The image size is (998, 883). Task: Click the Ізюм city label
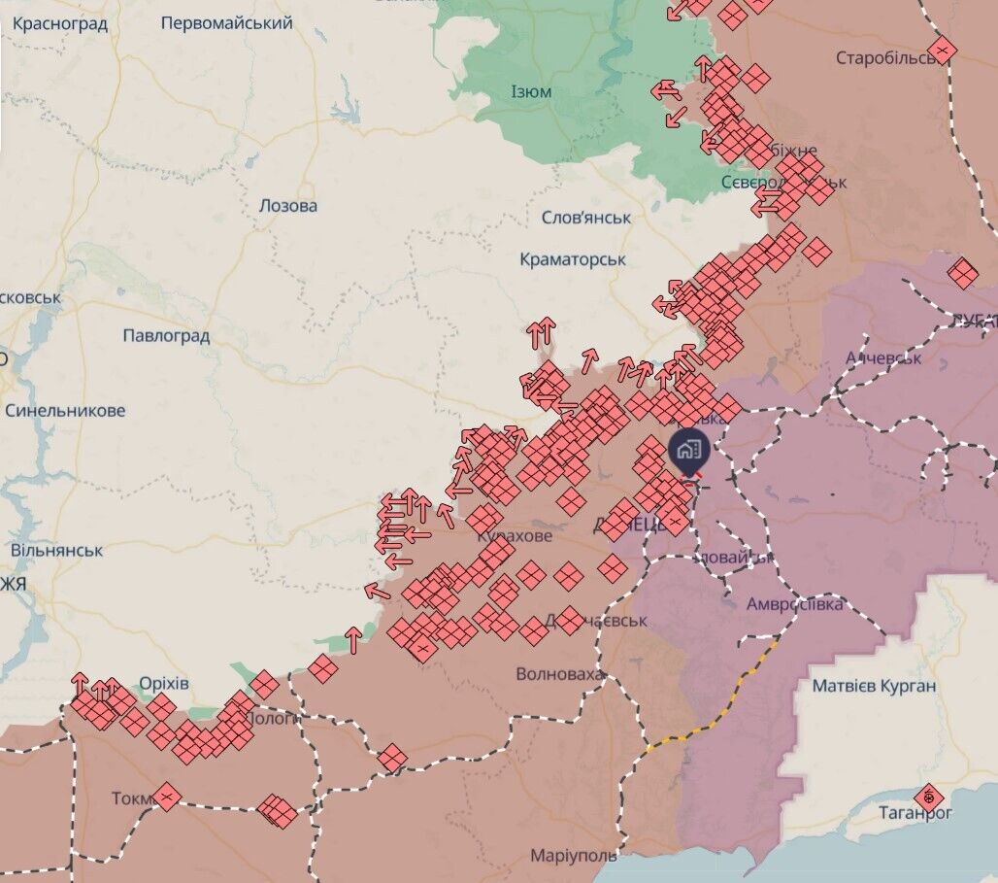[x=531, y=92]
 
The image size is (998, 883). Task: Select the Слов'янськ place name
[x=585, y=218]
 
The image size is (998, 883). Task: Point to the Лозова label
[x=288, y=206]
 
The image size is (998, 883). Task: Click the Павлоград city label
[x=166, y=336]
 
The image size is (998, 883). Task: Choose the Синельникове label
[x=65, y=411]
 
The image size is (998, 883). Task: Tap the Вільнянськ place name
[x=56, y=551]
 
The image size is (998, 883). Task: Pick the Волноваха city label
[x=560, y=673]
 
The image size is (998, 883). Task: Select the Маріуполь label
[x=573, y=856]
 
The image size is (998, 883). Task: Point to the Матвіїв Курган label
[x=874, y=687]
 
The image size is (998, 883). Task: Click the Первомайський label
[x=226, y=22]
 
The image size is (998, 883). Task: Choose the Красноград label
[x=60, y=23]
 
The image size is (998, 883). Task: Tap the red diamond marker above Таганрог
[x=929, y=798]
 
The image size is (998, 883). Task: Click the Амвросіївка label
[x=795, y=604]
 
